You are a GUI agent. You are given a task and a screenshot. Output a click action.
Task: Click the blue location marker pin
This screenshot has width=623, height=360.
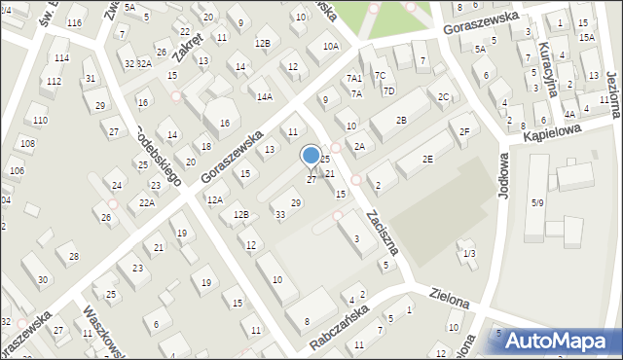311,157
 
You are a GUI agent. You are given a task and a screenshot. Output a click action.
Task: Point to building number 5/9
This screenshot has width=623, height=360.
536,202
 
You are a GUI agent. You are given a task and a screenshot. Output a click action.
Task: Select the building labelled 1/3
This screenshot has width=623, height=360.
470,253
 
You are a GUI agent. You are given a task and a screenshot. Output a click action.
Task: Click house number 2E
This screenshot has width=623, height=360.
427,159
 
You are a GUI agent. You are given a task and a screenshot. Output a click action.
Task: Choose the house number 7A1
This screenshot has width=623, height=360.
354,78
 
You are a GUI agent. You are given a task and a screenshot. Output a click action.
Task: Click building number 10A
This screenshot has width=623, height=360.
331,46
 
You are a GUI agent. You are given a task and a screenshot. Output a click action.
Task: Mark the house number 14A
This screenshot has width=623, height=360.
264,96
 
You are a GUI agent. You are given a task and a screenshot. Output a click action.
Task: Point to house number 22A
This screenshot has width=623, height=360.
146,202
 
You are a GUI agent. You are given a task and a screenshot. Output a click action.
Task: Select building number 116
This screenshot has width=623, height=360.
75,21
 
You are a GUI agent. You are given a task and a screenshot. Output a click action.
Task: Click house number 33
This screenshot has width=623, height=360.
279,214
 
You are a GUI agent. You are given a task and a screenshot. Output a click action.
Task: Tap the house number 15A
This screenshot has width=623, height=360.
586,37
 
